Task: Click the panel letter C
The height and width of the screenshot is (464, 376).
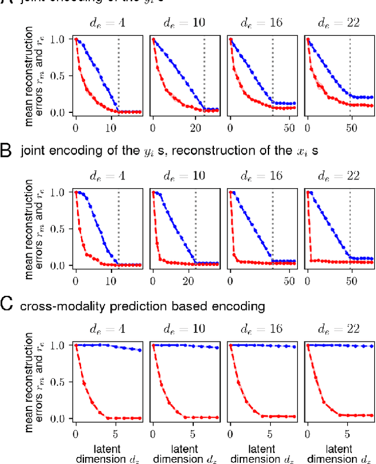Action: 8,305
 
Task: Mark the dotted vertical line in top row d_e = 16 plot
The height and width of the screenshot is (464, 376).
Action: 272,71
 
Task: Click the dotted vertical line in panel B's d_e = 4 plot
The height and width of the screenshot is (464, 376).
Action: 119,223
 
